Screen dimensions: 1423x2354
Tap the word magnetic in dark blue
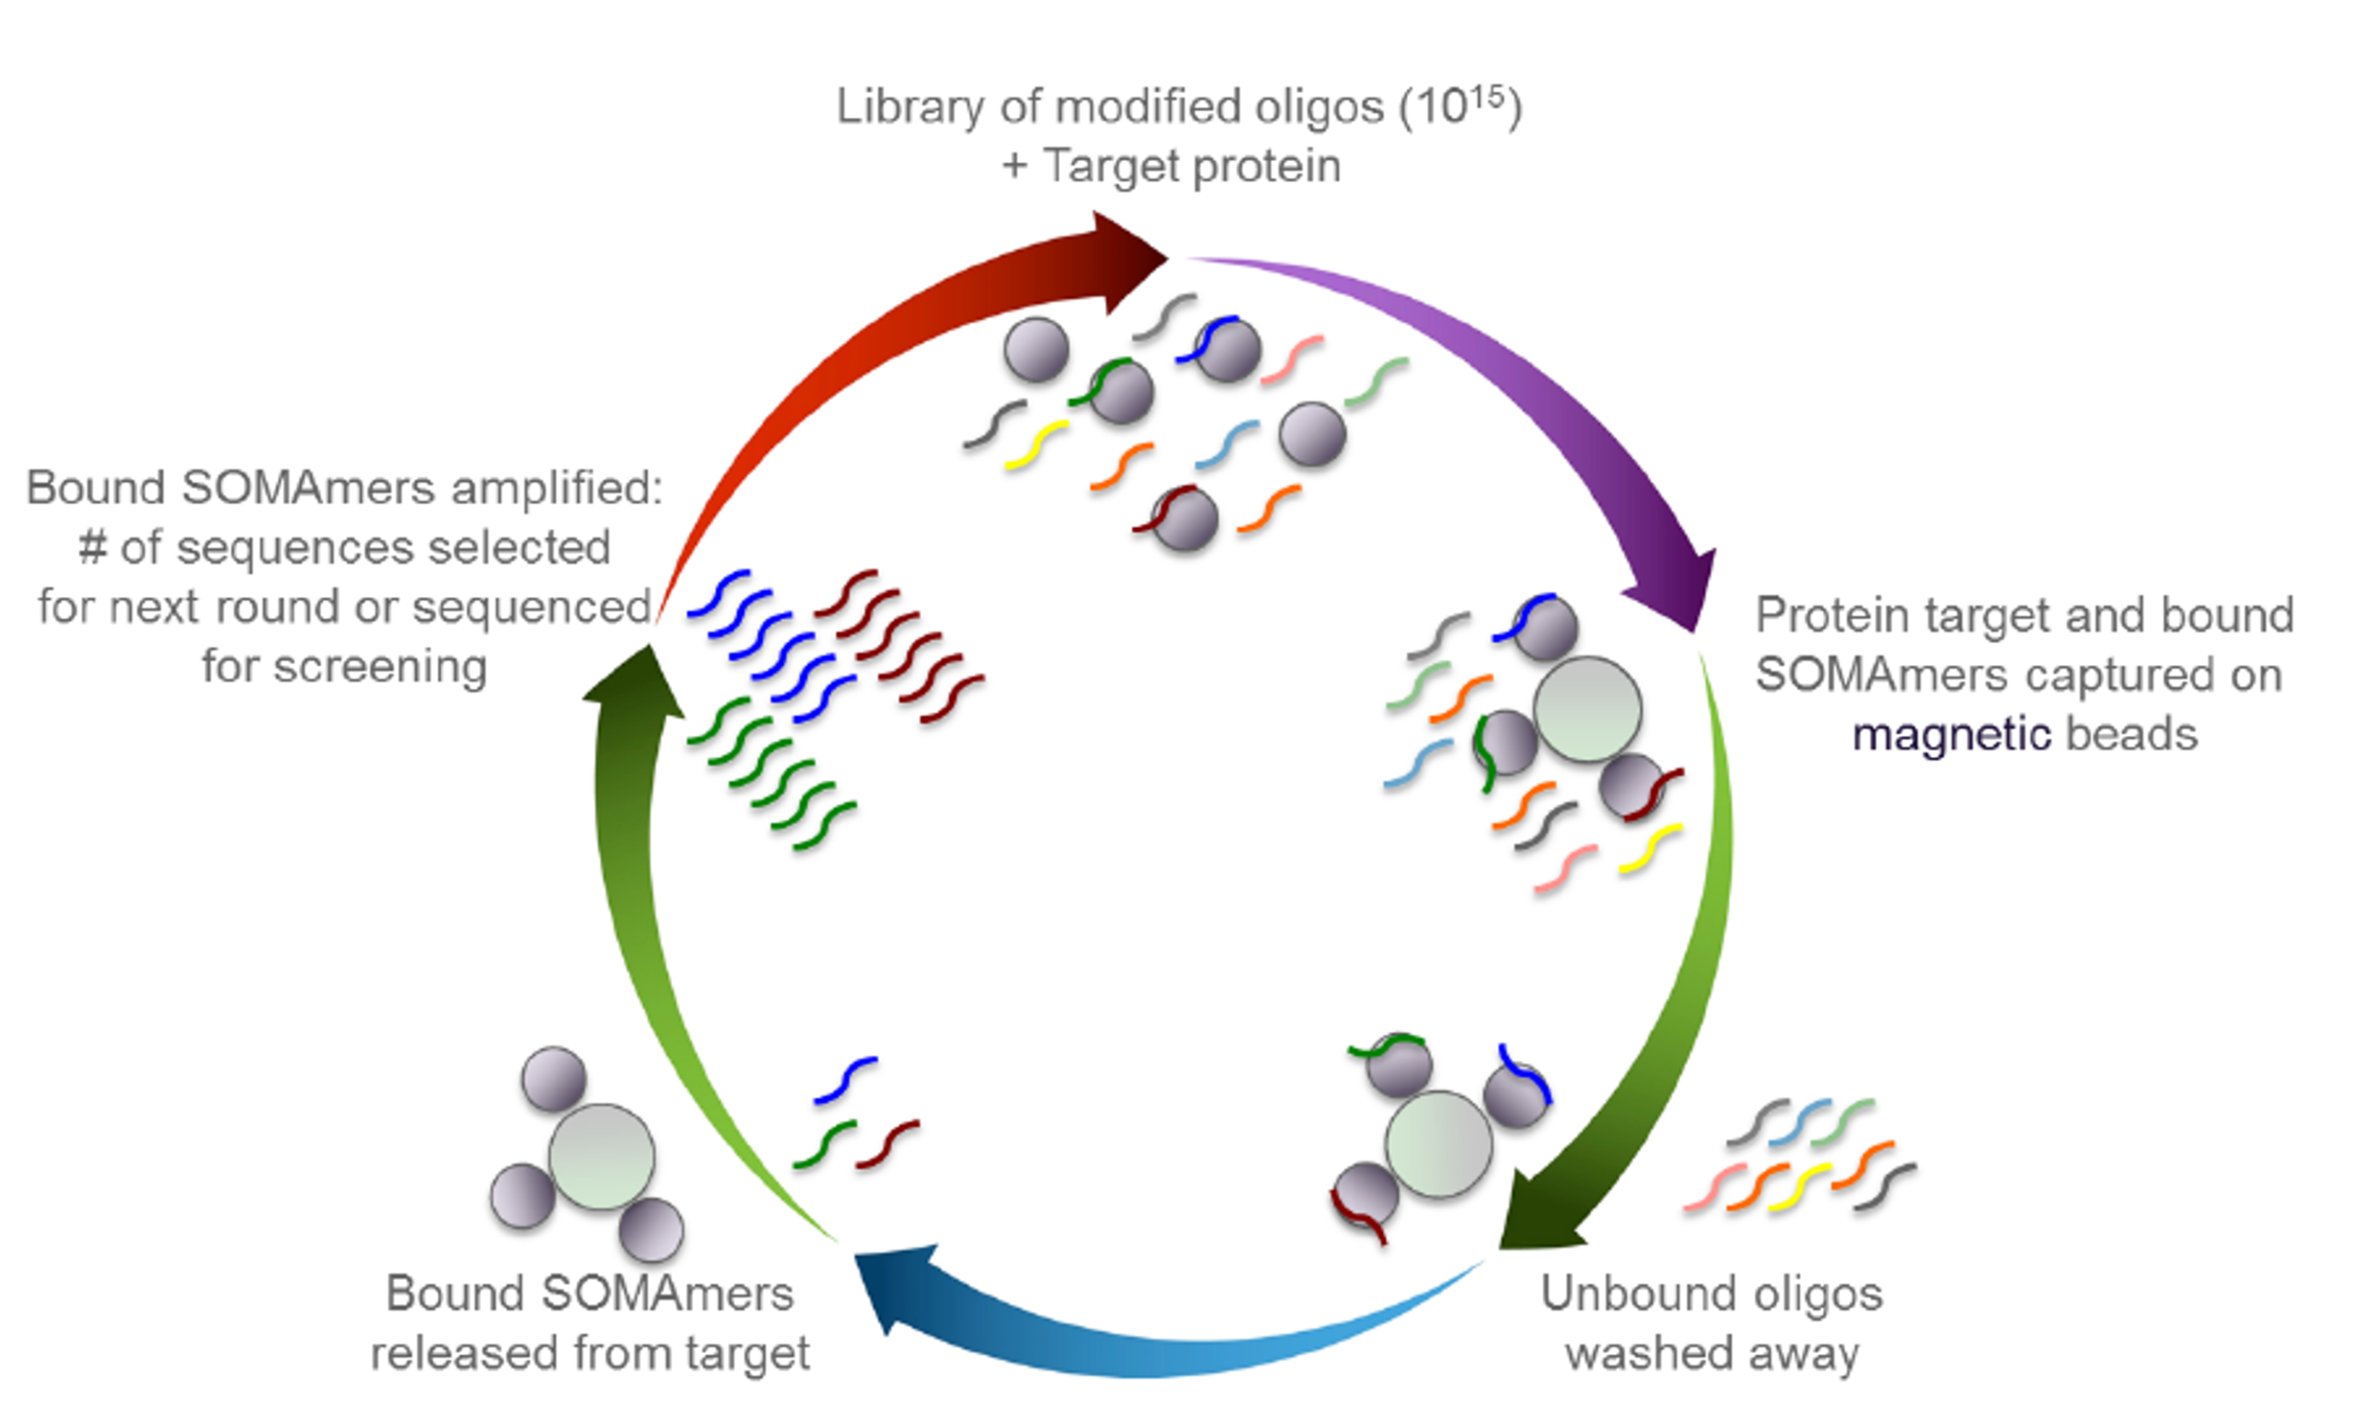tap(1951, 735)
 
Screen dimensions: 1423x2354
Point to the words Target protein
tap(1193, 166)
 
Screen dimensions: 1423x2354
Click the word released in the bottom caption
tap(461, 1354)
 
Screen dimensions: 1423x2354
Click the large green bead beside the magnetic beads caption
tap(1587, 709)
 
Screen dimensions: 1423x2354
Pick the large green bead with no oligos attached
tap(601, 1156)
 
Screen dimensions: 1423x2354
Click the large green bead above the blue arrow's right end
tap(1438, 1144)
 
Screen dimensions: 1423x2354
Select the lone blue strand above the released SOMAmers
tap(845, 1080)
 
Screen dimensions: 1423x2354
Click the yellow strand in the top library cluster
tap(1036, 444)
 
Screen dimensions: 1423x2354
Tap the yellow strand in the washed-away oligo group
tap(1799, 1187)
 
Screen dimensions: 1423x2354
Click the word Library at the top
tap(909, 106)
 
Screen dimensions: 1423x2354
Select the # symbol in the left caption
tap(92, 547)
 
